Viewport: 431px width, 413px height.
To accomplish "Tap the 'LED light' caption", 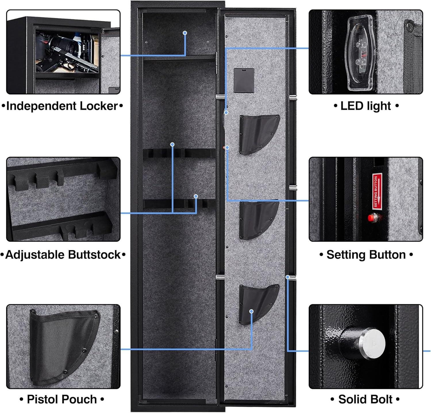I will click(x=366, y=106).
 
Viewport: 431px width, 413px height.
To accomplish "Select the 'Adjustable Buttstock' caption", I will click(x=63, y=255).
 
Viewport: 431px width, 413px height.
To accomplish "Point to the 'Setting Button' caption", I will click(x=366, y=255).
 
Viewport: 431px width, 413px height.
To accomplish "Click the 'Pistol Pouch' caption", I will click(x=62, y=399).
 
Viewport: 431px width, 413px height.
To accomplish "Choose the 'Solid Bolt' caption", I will click(x=365, y=399).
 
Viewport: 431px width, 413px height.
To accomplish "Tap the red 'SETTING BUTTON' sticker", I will click(x=376, y=190).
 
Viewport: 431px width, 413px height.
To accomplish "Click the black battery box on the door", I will click(x=244, y=80).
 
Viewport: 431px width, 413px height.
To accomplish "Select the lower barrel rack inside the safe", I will click(x=179, y=204).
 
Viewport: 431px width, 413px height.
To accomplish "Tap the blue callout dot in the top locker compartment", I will click(x=185, y=33).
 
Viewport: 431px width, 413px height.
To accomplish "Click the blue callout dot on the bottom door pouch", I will click(x=251, y=311).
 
